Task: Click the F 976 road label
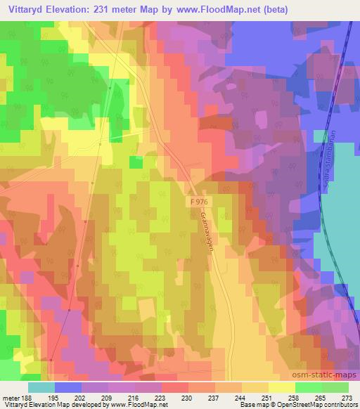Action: [x=200, y=202]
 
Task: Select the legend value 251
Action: [x=268, y=397]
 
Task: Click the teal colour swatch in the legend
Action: [x=41, y=387]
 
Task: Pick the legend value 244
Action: [x=241, y=397]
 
